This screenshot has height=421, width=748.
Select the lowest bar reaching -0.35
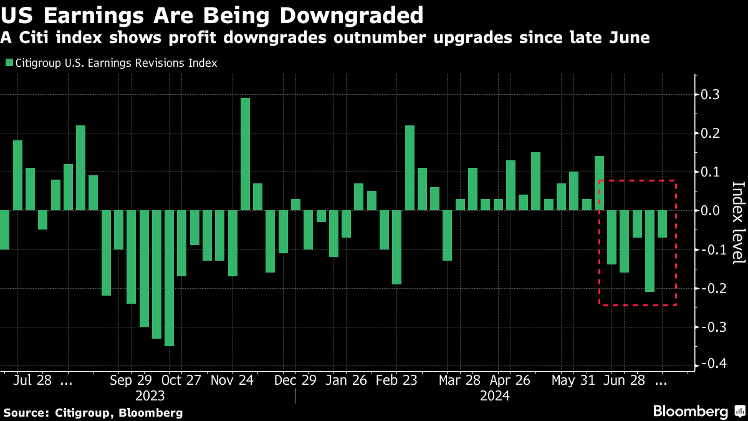(169, 278)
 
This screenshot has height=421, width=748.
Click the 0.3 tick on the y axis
(711, 95)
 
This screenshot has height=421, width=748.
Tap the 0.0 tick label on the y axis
(711, 211)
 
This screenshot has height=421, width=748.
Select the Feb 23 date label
(396, 380)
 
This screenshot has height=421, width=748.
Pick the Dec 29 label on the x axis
(296, 380)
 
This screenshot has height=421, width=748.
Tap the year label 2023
(150, 396)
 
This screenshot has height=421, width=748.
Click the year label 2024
(495, 396)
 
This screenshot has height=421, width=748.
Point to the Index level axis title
(738, 223)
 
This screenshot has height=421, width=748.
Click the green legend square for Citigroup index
(9, 63)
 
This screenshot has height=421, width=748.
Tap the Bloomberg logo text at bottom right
(691, 411)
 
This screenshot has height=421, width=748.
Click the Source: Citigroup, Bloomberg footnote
(93, 412)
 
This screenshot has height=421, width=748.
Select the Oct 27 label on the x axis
(181, 380)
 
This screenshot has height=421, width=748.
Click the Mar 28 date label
(459, 380)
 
